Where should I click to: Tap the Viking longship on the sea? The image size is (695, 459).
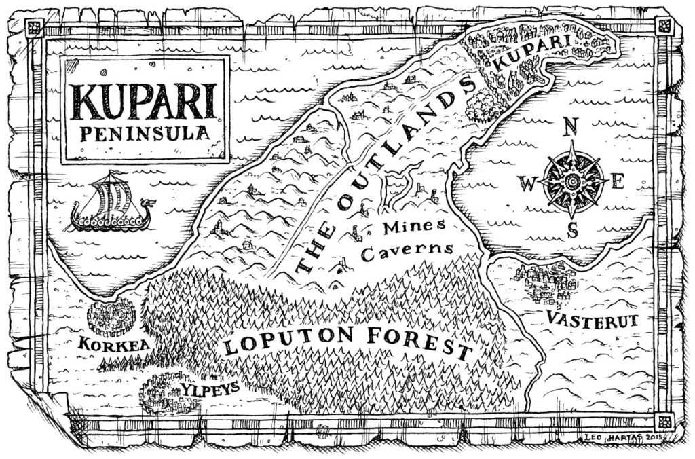point(111,204)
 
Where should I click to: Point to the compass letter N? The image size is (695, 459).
point(571,126)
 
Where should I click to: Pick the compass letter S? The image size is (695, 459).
point(572,231)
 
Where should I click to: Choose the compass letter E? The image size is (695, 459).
point(618,181)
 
